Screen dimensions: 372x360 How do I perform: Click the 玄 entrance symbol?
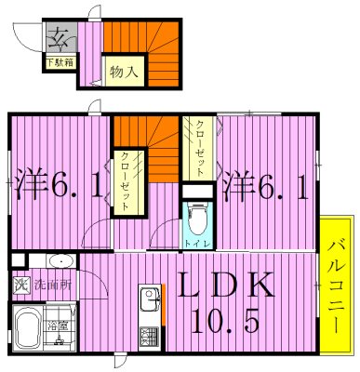pos(60,39)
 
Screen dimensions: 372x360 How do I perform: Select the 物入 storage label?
pos(125,70)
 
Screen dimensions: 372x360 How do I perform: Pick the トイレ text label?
pos(196,243)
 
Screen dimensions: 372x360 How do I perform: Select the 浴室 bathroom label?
pos(59,326)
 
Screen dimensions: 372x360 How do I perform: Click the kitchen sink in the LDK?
pos(150,300)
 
